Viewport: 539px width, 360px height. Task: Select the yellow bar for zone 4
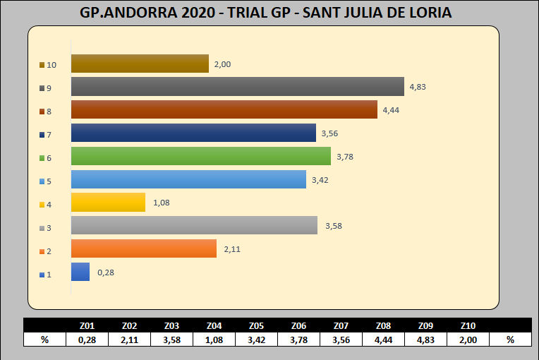108,203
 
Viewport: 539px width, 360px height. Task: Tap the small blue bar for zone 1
80,272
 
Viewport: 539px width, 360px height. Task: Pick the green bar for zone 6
200,156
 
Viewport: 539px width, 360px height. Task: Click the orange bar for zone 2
143,248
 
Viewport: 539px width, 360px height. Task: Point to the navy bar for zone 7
193,133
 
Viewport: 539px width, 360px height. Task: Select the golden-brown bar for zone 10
140,64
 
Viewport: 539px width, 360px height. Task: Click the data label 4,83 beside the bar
418,87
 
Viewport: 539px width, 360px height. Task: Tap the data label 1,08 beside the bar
162,203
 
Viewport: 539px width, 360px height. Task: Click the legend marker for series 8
42,112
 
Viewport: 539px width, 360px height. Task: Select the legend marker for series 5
42,181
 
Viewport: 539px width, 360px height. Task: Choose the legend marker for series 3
42,228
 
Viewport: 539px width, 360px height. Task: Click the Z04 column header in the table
214,325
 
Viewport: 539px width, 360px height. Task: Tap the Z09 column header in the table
425,325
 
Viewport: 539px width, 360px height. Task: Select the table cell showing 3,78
298,340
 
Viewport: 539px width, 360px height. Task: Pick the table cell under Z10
468,340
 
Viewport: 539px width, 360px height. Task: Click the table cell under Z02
129,340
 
